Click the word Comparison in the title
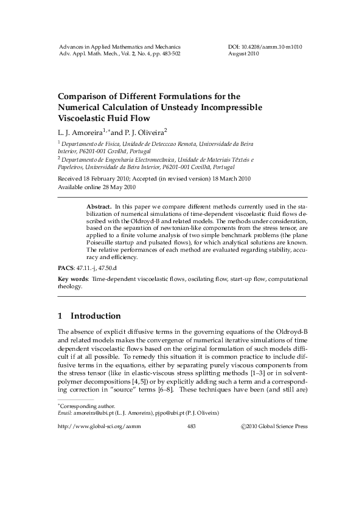click(x=85, y=96)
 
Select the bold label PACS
click(x=64, y=267)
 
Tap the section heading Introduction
click(x=96, y=316)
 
